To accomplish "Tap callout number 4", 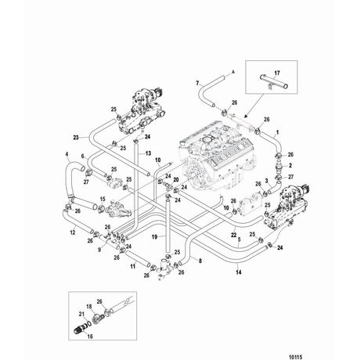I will click(x=67, y=155).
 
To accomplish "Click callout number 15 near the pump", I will click(x=79, y=200).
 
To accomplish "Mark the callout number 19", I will click(x=153, y=236).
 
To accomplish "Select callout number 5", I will click(x=239, y=239).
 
